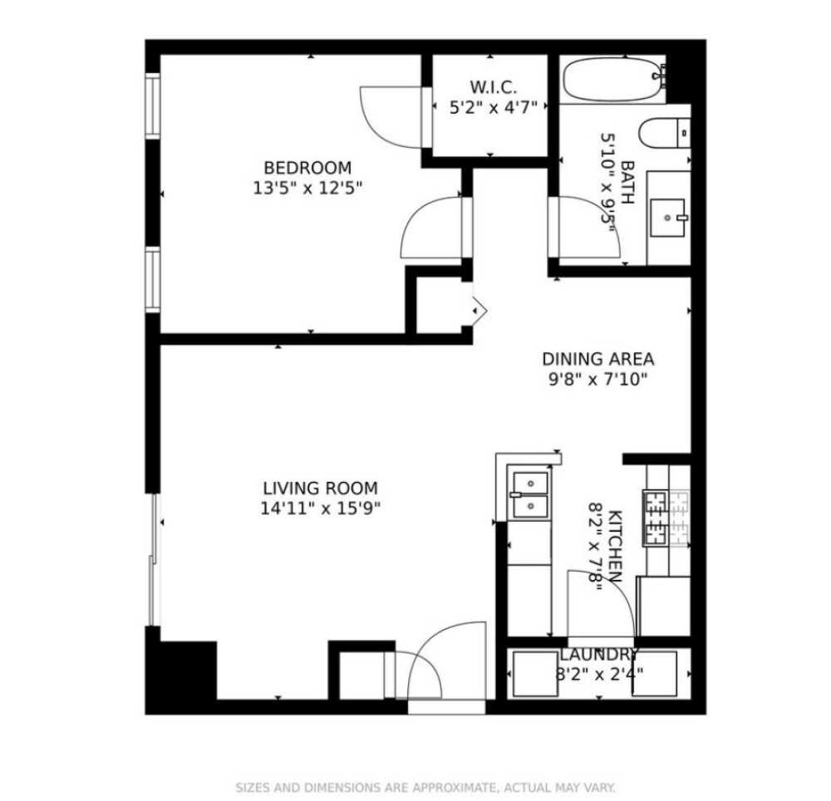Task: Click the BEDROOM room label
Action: pos(307,168)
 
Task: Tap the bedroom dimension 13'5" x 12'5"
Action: pos(307,188)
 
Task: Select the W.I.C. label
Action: pos(494,86)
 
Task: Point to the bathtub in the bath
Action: pos(613,80)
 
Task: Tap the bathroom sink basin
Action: pos(668,218)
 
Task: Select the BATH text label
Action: pos(627,182)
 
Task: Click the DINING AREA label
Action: pos(597,359)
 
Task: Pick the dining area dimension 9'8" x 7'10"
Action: pos(597,379)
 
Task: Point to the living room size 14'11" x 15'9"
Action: pos(320,508)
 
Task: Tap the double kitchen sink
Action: pos(529,494)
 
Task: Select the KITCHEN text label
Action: pos(616,545)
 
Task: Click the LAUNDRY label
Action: pos(598,654)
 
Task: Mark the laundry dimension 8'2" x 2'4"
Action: pos(598,673)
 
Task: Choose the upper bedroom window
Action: pos(153,106)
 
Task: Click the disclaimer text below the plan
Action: pos(425,787)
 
